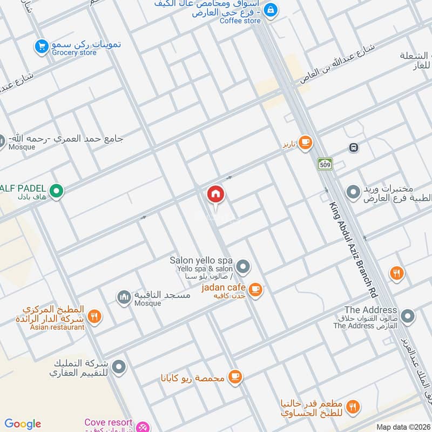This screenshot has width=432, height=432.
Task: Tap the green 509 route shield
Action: (325, 164)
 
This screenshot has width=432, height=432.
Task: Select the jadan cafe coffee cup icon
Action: (255, 289)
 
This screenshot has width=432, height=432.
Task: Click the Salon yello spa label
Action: (201, 261)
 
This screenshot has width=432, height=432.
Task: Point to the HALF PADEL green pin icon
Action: (56, 191)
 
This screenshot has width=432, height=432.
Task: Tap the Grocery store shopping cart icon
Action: (42, 47)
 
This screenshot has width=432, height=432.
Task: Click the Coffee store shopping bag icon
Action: (271, 10)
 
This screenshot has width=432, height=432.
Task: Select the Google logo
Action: (23, 424)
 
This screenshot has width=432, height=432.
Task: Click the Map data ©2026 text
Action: (403, 427)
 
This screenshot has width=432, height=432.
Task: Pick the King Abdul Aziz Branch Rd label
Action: (352, 250)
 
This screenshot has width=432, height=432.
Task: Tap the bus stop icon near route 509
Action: (354, 147)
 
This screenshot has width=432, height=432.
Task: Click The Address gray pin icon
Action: (408, 317)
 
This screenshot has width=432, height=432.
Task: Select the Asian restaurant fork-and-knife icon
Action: (94, 317)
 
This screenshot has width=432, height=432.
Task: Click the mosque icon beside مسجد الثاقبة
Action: (124, 297)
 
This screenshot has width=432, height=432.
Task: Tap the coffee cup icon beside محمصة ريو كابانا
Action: (234, 377)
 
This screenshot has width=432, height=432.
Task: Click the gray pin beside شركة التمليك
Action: (119, 367)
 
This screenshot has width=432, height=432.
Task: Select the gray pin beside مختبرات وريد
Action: (353, 192)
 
